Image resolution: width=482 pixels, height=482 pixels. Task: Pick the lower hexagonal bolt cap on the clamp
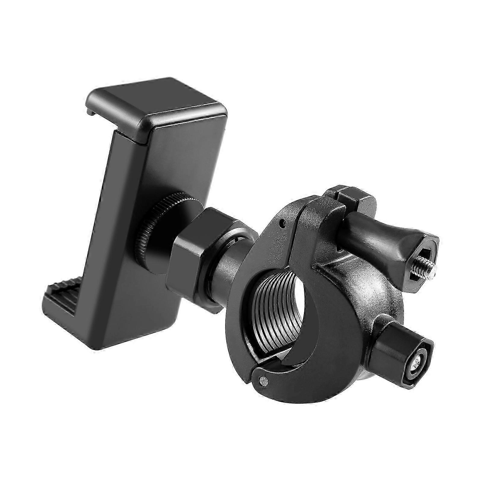[x=401, y=358]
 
